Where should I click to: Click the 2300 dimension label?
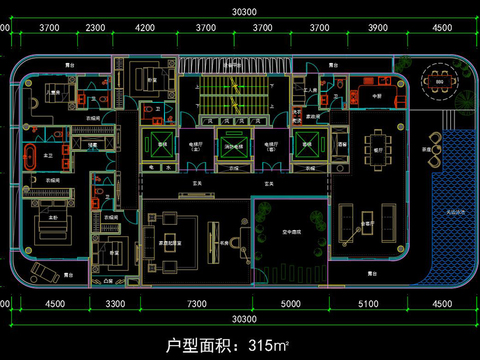pos(95,28)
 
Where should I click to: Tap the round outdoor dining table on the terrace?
pos(437,80)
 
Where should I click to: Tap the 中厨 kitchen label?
pos(378,97)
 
